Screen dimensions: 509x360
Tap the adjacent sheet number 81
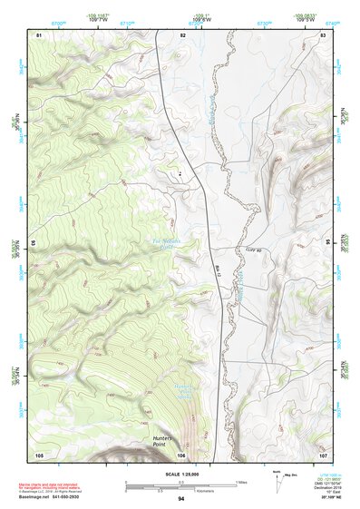[x=38, y=34]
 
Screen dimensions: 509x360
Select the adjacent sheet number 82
[x=182, y=34]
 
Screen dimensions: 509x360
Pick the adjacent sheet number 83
[x=324, y=34]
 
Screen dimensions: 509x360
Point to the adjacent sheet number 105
[x=39, y=454]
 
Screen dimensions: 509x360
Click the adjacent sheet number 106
[x=182, y=454]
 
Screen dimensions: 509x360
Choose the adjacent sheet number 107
[x=323, y=454]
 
